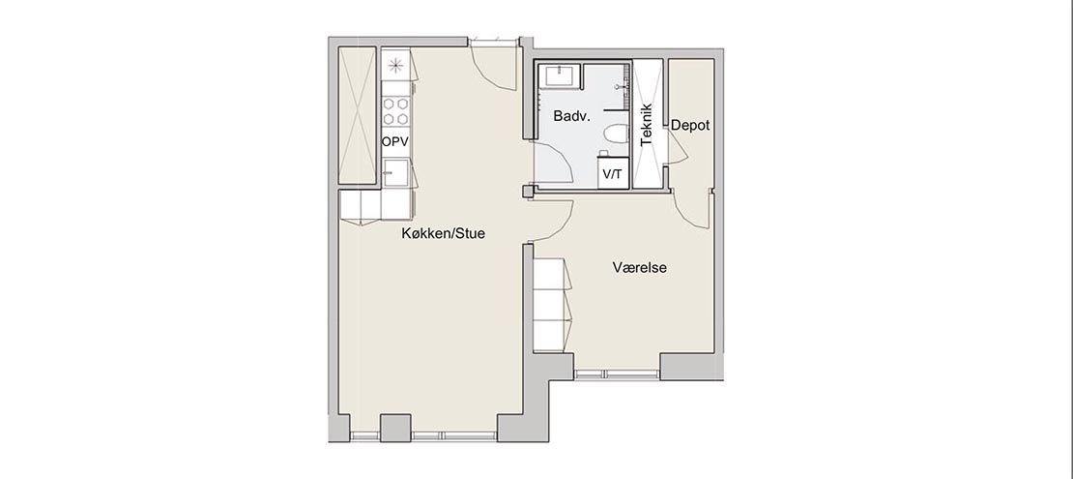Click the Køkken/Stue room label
(x=443, y=233)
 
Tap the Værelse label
(x=639, y=267)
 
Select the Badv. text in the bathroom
(x=571, y=116)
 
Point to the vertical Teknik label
(x=647, y=125)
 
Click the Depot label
(x=690, y=126)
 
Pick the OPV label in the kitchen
(x=394, y=142)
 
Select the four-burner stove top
(x=395, y=111)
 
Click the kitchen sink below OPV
(x=395, y=172)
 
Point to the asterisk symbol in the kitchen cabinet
(x=395, y=66)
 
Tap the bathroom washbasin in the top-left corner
(x=559, y=75)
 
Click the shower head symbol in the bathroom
(x=622, y=87)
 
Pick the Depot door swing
(x=679, y=147)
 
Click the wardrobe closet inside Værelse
(x=553, y=305)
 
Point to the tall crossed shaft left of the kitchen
(x=358, y=115)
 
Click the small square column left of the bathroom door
(x=529, y=192)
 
